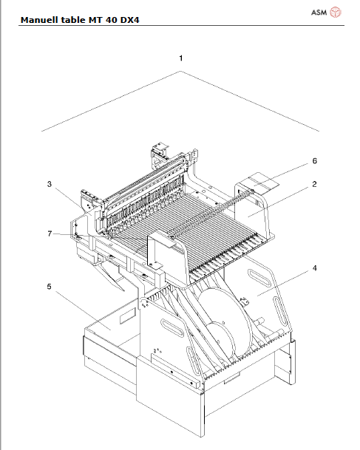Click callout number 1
tap(180, 57)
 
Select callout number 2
tap(314, 184)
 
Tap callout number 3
tap(50, 184)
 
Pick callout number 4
tap(314, 268)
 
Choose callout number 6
tap(314, 160)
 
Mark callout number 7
tap(50, 233)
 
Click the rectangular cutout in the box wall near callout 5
tap(126, 318)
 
